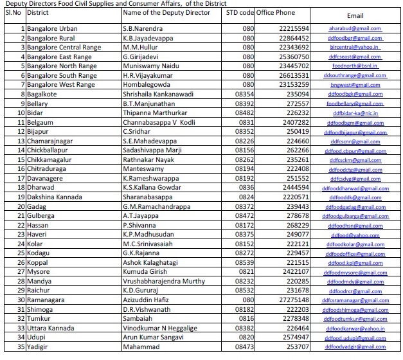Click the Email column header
355,15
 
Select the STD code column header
240,12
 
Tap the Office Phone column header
278,12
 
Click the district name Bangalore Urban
52,29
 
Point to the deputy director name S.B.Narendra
143,29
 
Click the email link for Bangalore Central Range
355,48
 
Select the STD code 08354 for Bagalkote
244,94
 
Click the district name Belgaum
41,122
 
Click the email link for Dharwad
355,188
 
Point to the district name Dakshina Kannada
57,197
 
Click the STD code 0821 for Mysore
246,271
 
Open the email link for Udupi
355,337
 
